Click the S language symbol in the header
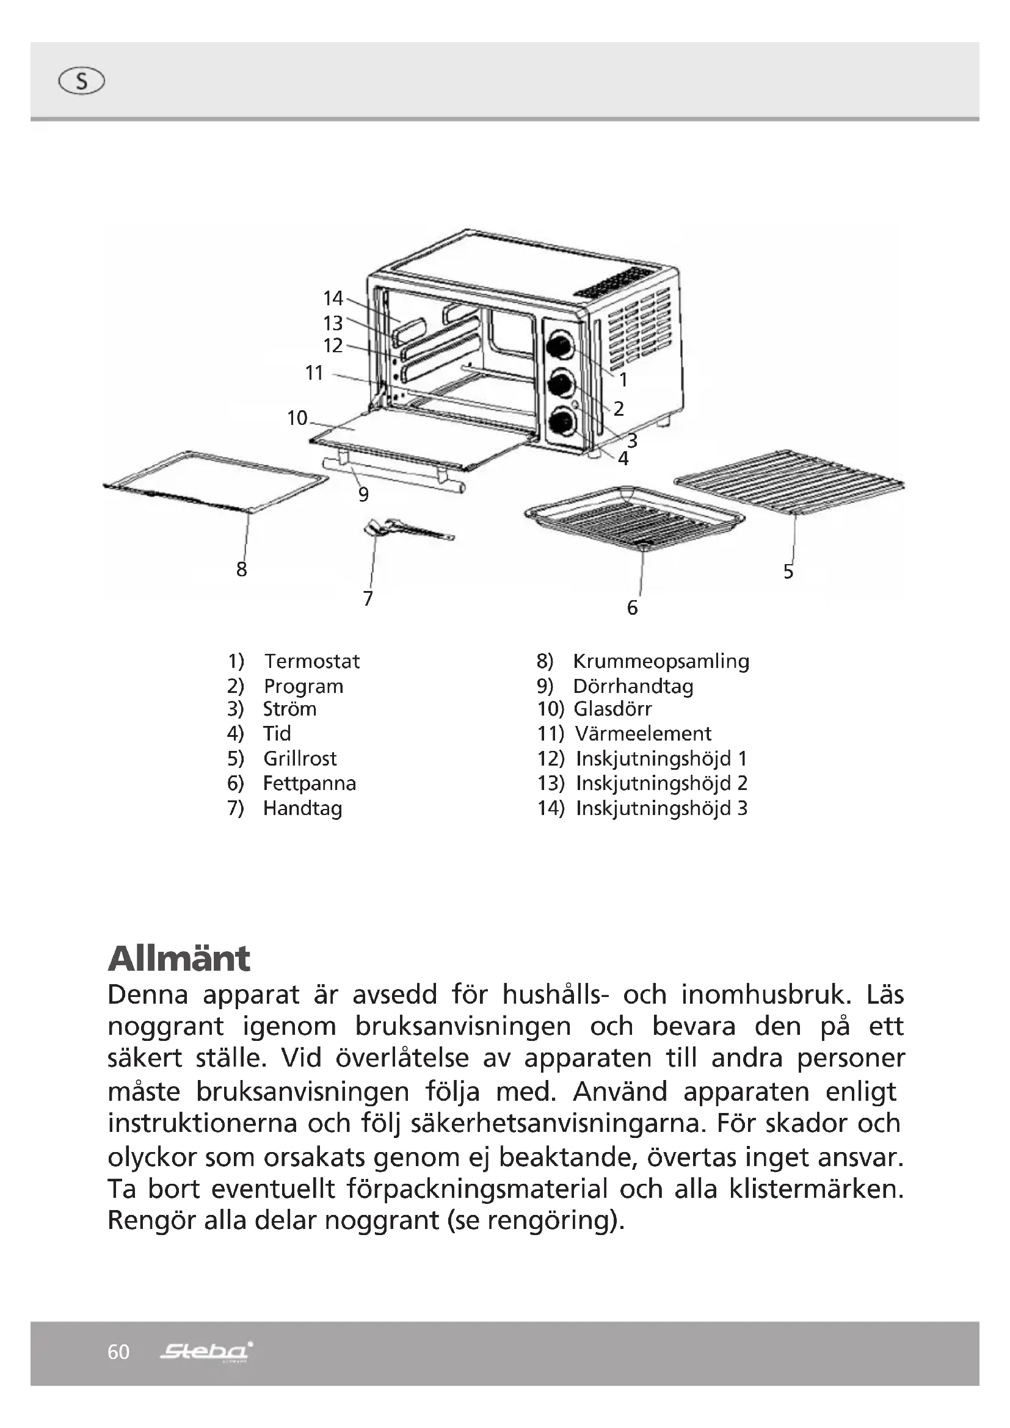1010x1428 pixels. click(x=81, y=81)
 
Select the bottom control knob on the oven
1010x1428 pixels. click(x=562, y=423)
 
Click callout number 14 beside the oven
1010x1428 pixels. click(x=333, y=299)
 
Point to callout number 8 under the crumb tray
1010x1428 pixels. click(x=242, y=569)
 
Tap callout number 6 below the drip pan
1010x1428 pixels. click(x=633, y=607)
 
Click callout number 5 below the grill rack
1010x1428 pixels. click(x=788, y=571)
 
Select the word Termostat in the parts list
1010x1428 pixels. click(x=312, y=661)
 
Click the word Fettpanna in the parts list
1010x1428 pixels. click(x=309, y=783)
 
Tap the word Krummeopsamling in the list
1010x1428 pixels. click(x=661, y=661)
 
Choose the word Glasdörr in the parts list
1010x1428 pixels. click(x=612, y=708)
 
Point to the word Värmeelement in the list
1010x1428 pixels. click(x=643, y=733)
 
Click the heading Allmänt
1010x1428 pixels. click(x=179, y=959)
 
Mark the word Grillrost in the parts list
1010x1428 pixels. click(x=300, y=758)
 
